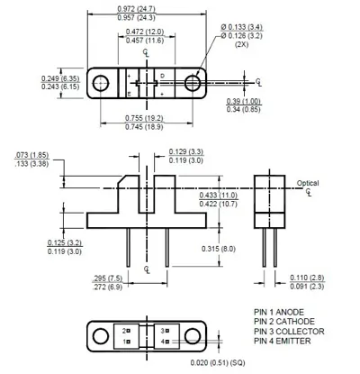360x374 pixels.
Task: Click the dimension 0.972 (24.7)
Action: point(136,9)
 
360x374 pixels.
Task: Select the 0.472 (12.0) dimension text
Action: point(145,32)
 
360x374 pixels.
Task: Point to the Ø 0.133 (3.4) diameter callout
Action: point(241,27)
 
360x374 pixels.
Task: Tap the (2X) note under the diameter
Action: point(241,44)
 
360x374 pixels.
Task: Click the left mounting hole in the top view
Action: point(101,83)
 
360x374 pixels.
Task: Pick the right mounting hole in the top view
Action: point(193,83)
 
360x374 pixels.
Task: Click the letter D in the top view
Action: point(162,76)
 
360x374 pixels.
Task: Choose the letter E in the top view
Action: point(129,95)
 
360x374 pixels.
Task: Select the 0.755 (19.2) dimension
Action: point(144,118)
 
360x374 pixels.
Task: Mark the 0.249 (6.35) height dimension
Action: point(60,78)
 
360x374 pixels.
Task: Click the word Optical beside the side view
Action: point(308,183)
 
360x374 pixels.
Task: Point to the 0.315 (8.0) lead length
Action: point(219,249)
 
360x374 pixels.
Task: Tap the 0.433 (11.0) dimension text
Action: point(218,196)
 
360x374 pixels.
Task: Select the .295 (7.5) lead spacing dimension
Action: point(108,278)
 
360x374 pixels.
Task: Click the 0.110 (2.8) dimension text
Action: point(307,278)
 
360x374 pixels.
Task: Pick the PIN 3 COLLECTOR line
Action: point(289,332)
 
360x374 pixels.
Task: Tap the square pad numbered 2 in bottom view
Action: point(128,331)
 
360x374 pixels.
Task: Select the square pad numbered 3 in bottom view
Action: point(167,331)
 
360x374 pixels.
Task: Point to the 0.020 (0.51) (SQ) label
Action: point(218,362)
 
